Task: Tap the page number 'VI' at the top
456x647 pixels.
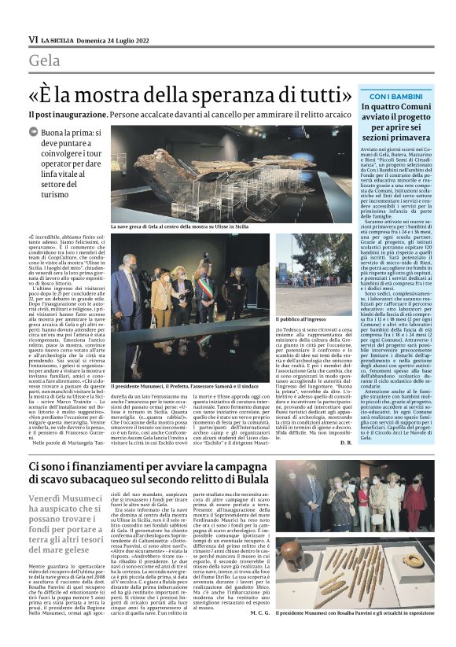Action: tap(33, 38)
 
